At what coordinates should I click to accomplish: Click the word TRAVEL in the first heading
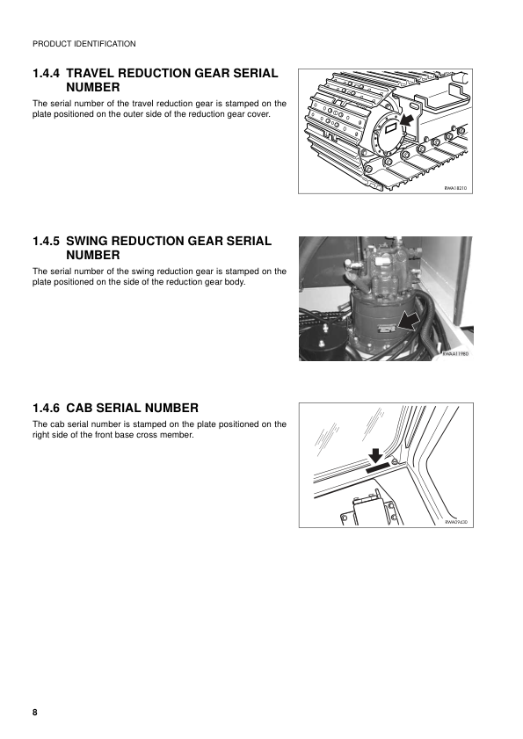coord(93,73)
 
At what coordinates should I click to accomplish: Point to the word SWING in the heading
coord(91,241)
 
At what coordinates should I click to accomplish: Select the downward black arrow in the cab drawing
coord(375,454)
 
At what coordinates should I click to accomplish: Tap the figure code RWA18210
coord(456,187)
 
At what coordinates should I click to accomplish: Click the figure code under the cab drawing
coord(456,521)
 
